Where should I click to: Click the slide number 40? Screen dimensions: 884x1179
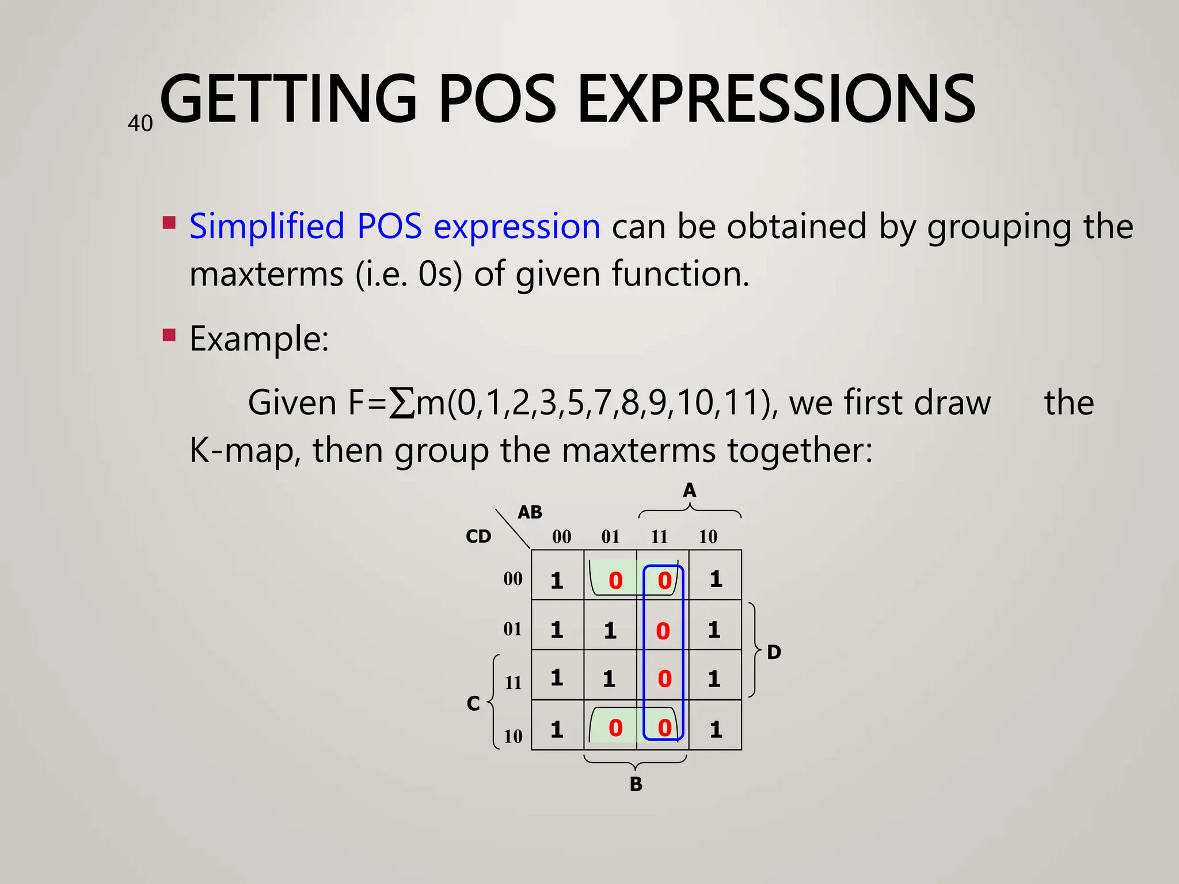point(140,124)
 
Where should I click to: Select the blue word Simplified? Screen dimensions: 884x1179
point(267,226)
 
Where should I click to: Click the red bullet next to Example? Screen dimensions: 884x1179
point(169,335)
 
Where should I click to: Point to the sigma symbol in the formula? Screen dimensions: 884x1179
point(401,403)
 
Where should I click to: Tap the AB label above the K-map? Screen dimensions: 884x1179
point(530,512)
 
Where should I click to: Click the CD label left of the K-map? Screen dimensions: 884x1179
point(478,536)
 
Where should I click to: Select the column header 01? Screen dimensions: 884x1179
point(610,537)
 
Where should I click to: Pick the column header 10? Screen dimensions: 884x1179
point(708,537)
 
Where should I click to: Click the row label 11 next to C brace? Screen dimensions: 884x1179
point(513,683)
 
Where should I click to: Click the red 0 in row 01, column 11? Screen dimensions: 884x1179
point(663,631)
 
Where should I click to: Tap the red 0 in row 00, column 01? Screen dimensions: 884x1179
point(615,581)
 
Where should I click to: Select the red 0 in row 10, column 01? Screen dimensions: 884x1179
point(615,728)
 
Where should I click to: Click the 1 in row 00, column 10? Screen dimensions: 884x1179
point(716,579)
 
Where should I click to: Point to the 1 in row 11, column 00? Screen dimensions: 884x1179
point(556,677)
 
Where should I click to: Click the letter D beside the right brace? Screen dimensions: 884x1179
point(774,652)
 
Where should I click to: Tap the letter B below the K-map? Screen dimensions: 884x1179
point(636,784)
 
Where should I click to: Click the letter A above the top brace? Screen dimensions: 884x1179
point(689,490)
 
